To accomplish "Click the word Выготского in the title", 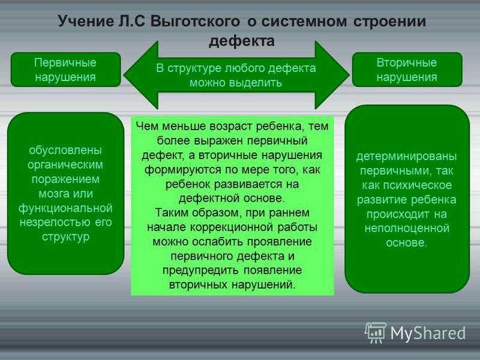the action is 196,22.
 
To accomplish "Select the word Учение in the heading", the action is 86,22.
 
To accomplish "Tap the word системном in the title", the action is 304,22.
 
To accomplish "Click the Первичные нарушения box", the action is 66,70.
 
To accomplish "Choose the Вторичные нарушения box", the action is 407,70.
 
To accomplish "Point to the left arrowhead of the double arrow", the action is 141,74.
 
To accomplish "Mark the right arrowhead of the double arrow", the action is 332,74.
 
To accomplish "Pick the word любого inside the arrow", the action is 245,68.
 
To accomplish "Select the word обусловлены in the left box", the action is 65,151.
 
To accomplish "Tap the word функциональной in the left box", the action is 65,208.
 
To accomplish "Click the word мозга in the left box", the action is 54,194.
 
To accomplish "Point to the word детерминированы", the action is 407,157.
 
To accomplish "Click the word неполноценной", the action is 407,229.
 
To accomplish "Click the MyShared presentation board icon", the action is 376,333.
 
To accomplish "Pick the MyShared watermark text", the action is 428,333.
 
